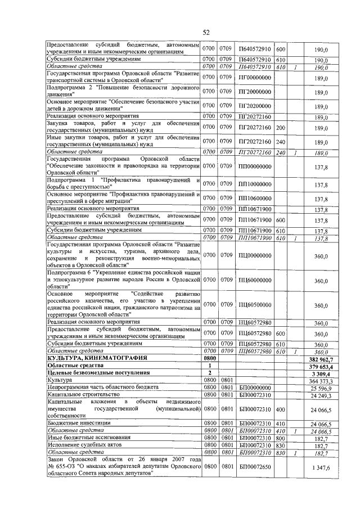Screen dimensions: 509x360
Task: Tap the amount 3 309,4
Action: pos(324,373)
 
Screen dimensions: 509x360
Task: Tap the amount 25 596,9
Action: pos(323,388)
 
